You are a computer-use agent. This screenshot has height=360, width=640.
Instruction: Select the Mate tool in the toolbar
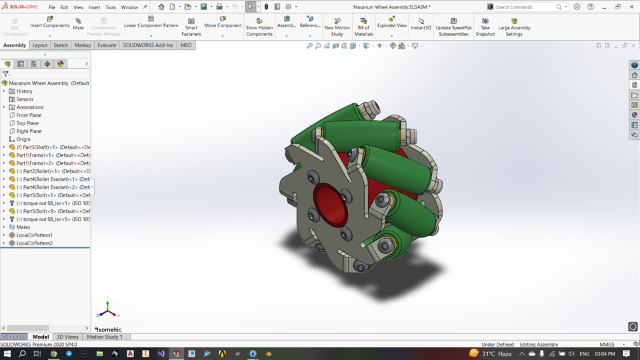[x=79, y=24]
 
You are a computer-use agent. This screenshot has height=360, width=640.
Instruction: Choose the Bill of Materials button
[x=363, y=27]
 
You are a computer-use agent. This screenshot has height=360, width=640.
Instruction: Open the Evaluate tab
[x=107, y=45]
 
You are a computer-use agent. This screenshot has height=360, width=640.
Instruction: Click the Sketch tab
[x=61, y=45]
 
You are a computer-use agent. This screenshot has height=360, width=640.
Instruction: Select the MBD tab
[x=186, y=45]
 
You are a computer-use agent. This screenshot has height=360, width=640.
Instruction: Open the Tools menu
[x=111, y=7]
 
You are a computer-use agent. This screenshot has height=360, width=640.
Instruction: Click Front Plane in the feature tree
[x=29, y=115]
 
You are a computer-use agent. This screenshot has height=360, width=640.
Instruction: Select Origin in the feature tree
[x=23, y=139]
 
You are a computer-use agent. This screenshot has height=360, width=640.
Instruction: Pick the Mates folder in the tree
[x=23, y=227]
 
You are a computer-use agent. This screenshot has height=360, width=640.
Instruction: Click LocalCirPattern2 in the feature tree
[x=34, y=243]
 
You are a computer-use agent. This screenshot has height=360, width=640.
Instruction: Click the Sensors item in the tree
[x=25, y=99]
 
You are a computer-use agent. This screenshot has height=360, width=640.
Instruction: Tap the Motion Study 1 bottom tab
[x=105, y=337]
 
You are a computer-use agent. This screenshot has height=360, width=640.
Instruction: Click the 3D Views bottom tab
[x=67, y=337]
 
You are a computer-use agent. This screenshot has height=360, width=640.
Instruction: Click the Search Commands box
[x=525, y=7]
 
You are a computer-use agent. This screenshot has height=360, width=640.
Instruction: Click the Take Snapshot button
[x=485, y=27]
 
